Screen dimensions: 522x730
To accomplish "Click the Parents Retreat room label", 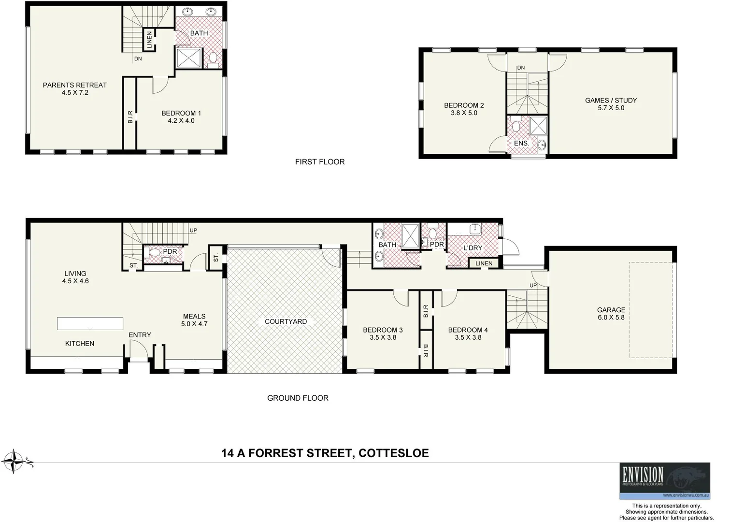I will [x=74, y=85].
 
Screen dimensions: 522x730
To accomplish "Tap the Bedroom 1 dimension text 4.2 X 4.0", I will [x=181, y=121].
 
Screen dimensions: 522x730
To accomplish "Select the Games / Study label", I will [x=611, y=101].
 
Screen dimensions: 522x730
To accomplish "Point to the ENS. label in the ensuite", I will [x=521, y=144].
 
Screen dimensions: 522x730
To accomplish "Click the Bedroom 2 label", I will [x=464, y=105].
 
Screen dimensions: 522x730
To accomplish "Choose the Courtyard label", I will [x=286, y=321].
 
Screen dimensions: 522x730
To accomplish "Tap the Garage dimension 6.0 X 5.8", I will [x=611, y=318].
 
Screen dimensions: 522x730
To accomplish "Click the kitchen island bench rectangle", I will [x=90, y=323].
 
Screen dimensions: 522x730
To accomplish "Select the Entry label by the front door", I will [x=140, y=335].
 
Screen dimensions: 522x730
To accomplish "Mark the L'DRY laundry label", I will [x=472, y=248].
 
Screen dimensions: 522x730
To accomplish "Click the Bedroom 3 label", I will [x=383, y=330].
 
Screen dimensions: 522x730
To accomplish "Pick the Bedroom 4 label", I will [x=468, y=330].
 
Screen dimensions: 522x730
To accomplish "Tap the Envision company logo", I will [x=665, y=480].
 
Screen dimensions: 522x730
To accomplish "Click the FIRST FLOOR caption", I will [x=320, y=162].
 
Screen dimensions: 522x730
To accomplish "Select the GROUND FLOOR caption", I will [x=298, y=398].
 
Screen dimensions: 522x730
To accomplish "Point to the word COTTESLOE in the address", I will [x=393, y=453].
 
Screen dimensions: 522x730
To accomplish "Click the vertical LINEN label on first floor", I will [x=149, y=40].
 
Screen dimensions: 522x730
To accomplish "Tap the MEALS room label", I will [x=194, y=317].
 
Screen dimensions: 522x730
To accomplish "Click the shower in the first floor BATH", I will [x=187, y=58].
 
